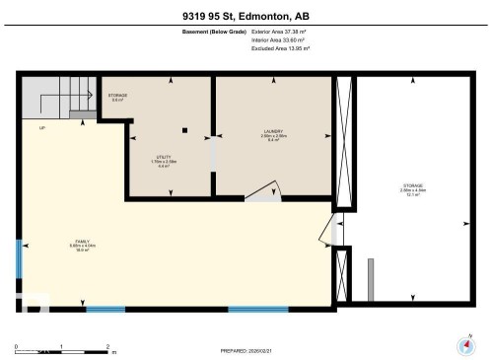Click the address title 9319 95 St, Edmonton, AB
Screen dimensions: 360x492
pyautogui.click(x=246, y=15)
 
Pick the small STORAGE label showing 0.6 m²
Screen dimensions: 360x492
pyautogui.click(x=117, y=97)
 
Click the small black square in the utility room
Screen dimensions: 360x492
pyautogui.click(x=184, y=129)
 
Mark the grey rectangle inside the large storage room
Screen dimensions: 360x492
pyautogui.click(x=371, y=279)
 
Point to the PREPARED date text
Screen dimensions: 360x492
pyautogui.click(x=246, y=350)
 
